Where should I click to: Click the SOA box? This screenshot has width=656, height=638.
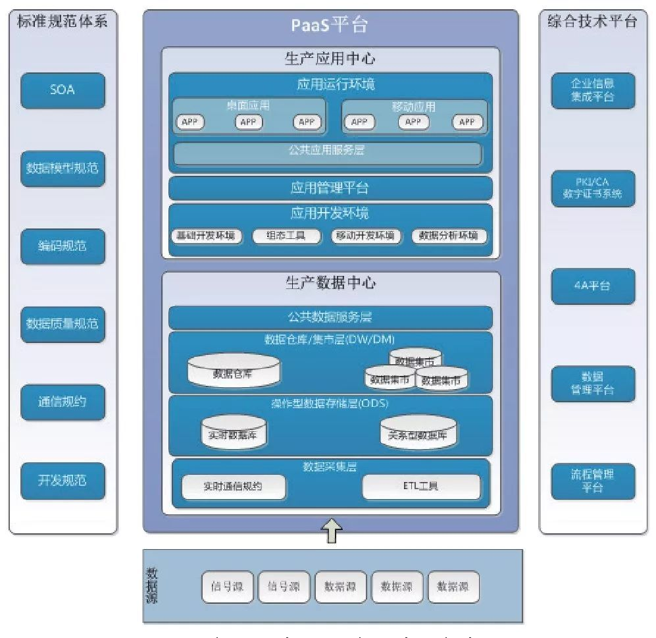pos(63,90)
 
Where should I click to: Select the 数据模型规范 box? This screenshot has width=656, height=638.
pos(63,168)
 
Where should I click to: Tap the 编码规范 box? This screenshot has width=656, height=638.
pos(63,246)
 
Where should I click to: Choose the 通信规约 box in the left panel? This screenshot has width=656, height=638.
pos(63,402)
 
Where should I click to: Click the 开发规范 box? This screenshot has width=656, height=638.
pos(63,480)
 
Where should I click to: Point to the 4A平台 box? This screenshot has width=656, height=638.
pos(593,286)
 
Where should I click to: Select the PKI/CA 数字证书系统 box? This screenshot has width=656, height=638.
pos(593,188)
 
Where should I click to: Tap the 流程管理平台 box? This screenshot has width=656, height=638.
pos(593,481)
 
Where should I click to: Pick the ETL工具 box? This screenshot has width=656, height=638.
pos(421,487)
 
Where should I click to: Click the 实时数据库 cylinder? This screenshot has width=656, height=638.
pos(228,432)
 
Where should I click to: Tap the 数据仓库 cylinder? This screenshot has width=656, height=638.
pos(234,371)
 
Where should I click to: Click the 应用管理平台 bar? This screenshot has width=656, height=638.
pos(330,188)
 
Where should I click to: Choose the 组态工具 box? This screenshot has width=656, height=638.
pos(286,236)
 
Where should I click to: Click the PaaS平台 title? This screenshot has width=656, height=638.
pos(330,25)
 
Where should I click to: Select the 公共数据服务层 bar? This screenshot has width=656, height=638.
pos(330,317)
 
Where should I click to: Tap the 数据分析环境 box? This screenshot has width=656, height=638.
pos(449,236)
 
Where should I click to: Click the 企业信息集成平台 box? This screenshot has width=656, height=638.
pos(593,90)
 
